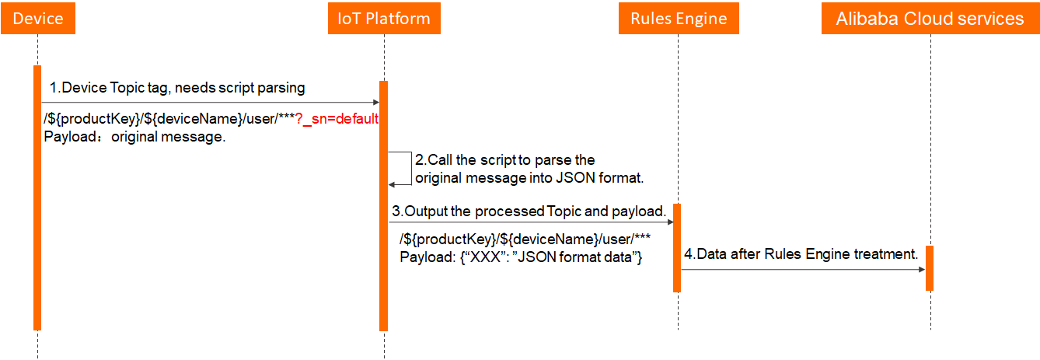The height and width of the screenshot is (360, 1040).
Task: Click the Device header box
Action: pos(37,19)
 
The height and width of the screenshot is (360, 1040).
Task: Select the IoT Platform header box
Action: pos(384,19)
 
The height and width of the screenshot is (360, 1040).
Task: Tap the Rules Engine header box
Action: pos(678,19)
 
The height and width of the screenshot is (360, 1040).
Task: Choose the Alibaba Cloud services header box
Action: pos(930,19)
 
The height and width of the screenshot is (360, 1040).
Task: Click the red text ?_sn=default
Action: pos(337,119)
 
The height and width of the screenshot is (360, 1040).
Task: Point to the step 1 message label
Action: pos(177,88)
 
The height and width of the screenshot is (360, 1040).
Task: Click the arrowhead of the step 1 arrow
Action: pos(375,103)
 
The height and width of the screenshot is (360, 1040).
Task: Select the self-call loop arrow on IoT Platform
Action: pos(401,169)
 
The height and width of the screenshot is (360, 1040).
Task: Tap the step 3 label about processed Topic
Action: pos(529,211)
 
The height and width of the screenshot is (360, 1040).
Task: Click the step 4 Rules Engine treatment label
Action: pos(801,254)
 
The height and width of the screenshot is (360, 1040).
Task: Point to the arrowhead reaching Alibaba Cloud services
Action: pos(921,270)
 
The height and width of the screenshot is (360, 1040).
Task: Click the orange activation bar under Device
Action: pos(37,197)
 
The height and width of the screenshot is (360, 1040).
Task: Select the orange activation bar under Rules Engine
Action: pos(677,247)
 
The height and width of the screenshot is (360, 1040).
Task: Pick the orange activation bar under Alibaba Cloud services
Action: pos(930,268)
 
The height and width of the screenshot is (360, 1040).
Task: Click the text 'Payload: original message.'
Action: pos(134,137)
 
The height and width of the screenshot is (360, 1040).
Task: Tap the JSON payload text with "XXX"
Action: pos(520,257)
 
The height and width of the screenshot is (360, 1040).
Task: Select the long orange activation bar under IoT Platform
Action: pos(383,205)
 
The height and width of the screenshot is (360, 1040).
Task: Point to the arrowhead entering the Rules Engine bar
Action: pos(668,223)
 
